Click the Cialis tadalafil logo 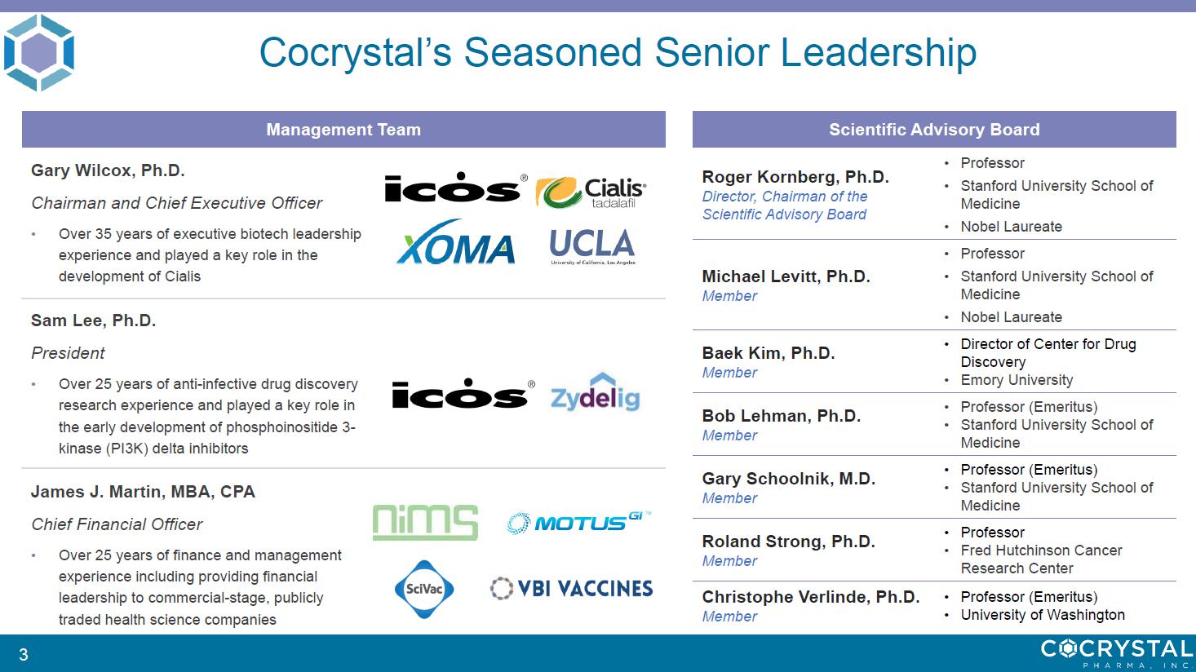[591, 192]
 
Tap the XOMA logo [456, 243]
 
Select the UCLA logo [592, 246]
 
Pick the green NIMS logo [425, 523]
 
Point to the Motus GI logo [578, 523]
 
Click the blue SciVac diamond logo [424, 590]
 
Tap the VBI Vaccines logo [571, 588]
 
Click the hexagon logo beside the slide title [39, 52]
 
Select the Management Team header [343, 129]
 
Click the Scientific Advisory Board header [934, 129]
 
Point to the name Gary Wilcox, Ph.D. [108, 170]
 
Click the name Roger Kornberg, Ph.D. [795, 177]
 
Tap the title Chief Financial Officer [117, 524]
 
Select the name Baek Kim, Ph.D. [769, 353]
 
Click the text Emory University [1017, 380]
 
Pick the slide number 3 [24, 654]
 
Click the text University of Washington [1043, 615]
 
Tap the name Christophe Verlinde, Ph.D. [810, 597]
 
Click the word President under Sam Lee [68, 353]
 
